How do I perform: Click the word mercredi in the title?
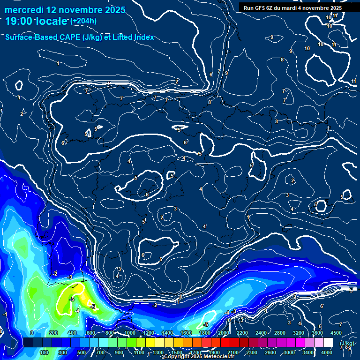pyautogui.click(x=24, y=10)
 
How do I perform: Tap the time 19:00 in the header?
pyautogui.click(x=20, y=21)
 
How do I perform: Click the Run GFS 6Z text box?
pyautogui.click(x=293, y=8)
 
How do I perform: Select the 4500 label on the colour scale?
pyautogui.click(x=336, y=333)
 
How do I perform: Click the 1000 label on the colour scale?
pyautogui.click(x=129, y=333)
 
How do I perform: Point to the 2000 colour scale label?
pyautogui.click(x=224, y=333)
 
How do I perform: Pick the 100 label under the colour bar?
pyautogui.click(x=44, y=352)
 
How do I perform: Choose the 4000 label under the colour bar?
pyautogui.click(x=327, y=352)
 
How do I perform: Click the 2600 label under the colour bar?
pyautogui.click(x=270, y=352)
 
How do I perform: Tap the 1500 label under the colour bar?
pyautogui.click(x=176, y=352)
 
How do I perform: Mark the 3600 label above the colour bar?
pyautogui.click(x=317, y=333)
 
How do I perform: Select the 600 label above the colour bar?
pyautogui.click(x=91, y=333)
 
